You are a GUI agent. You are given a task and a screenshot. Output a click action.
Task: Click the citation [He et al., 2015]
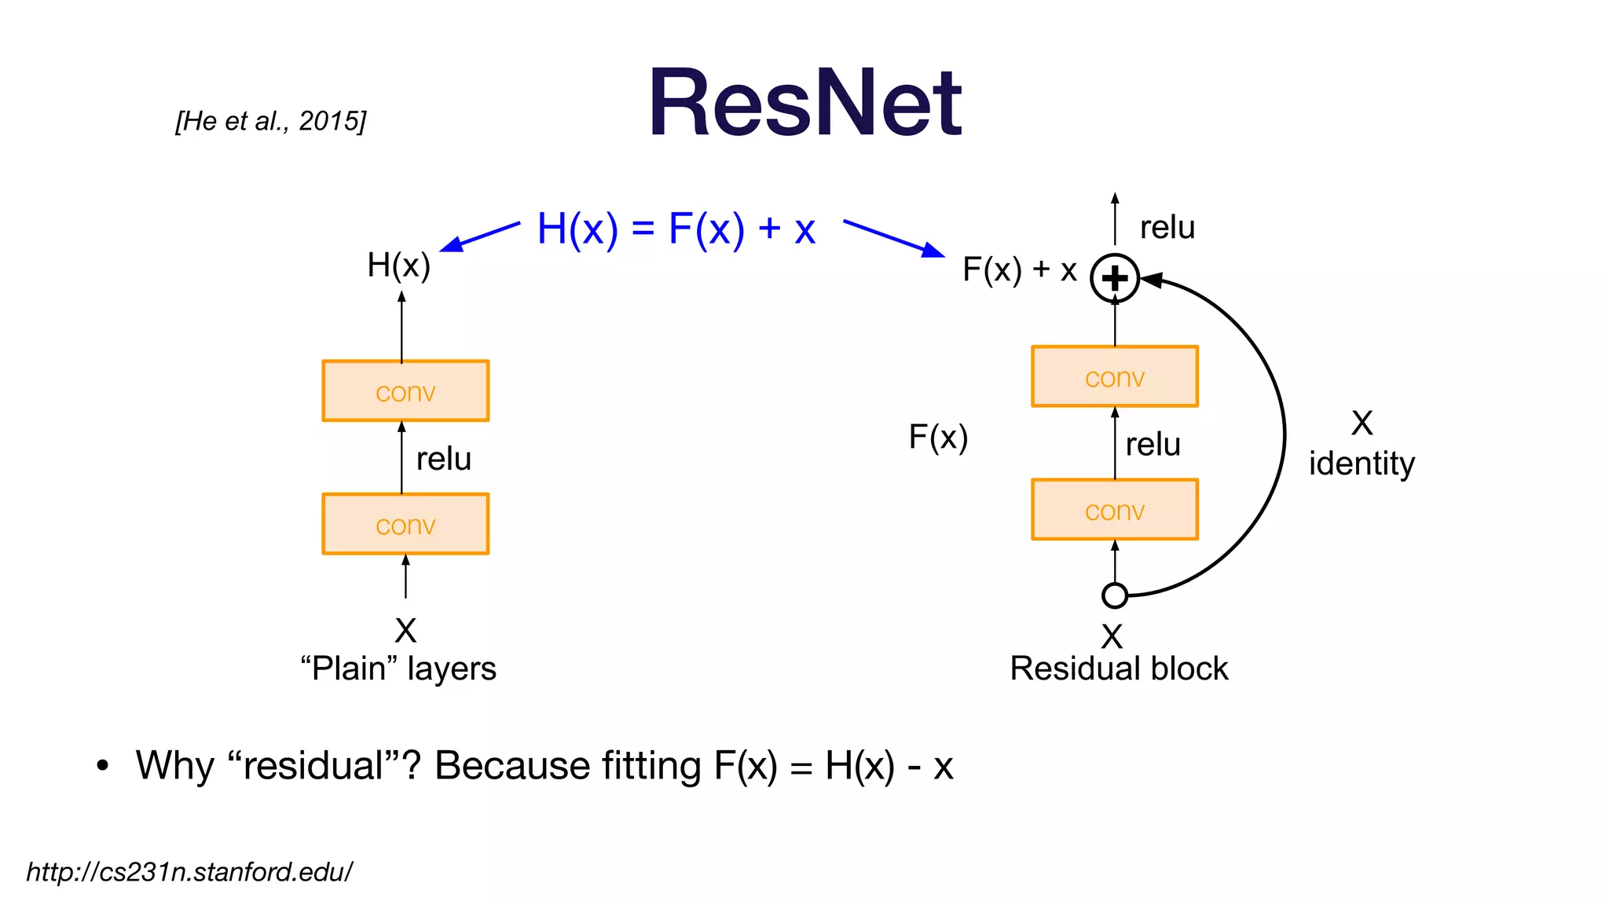pos(271,121)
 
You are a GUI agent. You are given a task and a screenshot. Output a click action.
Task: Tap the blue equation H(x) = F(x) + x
pos(676,229)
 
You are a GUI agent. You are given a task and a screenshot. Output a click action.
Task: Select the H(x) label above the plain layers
pos(398,266)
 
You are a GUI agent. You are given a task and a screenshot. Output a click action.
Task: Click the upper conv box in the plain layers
pos(405,391)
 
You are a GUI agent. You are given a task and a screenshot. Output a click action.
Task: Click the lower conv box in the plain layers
pos(405,524)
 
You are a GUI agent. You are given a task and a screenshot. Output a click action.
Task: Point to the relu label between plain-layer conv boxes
pos(443,459)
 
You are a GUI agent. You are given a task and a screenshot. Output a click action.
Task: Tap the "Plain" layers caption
pos(398,669)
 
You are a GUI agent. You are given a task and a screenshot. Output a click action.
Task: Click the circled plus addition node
pos(1114,278)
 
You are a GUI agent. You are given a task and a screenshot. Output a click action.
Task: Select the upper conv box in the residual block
pos(1114,377)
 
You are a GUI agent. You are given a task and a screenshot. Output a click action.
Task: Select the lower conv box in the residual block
pos(1114,510)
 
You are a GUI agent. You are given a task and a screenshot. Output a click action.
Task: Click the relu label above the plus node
pos(1167,228)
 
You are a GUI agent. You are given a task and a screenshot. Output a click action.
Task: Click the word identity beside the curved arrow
pos(1361,463)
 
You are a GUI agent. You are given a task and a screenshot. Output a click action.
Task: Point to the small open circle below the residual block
pos(1114,595)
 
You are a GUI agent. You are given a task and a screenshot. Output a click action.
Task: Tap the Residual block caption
pos(1119,669)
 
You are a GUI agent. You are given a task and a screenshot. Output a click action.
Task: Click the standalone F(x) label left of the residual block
pos(938,437)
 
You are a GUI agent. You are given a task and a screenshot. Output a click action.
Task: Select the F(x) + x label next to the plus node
pos(1019,270)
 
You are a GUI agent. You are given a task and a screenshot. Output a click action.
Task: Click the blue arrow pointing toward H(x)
pos(480,236)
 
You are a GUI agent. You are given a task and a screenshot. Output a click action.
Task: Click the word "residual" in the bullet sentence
pos(314,765)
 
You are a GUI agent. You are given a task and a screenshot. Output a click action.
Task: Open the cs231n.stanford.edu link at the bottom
pos(189,872)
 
